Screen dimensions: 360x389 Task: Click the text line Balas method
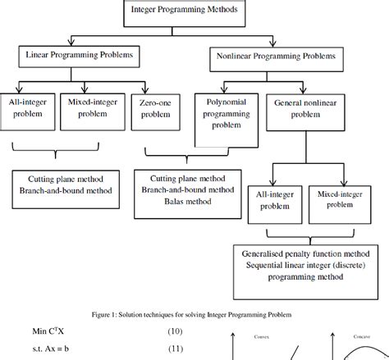[x=179, y=203]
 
